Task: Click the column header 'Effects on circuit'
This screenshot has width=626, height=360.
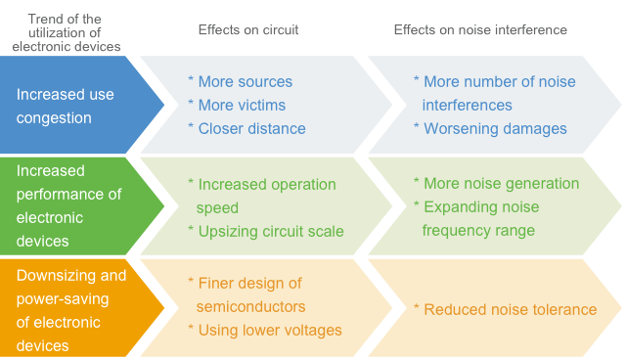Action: [247, 30]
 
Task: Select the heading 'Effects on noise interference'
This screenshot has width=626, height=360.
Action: [480, 30]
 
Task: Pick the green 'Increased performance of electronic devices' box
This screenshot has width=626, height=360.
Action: [73, 205]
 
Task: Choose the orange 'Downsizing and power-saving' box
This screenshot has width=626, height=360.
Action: [73, 307]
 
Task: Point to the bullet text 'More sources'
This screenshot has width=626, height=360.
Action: [245, 81]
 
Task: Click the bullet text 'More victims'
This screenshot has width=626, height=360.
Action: [244, 105]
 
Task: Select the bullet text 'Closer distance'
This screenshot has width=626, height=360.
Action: [251, 128]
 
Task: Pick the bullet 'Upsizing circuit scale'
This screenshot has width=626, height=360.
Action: [270, 231]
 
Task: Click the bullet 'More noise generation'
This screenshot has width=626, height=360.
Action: [500, 183]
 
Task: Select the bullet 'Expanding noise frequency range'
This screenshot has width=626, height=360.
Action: [479, 218]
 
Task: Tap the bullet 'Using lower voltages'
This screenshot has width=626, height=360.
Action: [269, 330]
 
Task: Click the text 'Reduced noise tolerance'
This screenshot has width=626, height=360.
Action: [509, 309]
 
